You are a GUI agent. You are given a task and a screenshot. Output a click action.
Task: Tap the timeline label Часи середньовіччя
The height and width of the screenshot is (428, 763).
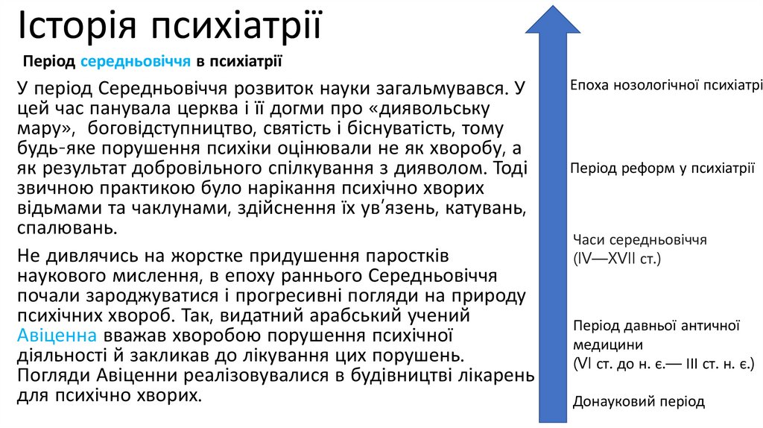click(640, 240)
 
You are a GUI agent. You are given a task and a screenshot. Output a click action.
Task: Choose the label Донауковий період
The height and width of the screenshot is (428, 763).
click(639, 401)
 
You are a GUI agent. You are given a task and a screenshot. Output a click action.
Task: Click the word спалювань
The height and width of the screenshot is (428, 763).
click(66, 227)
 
